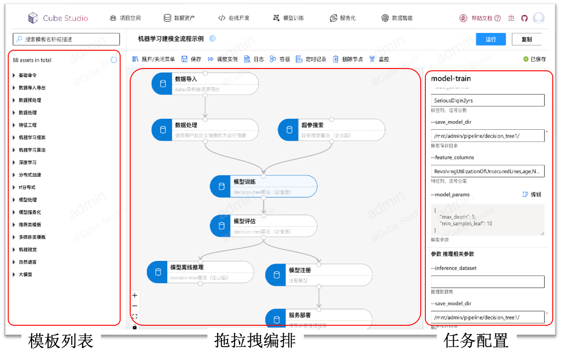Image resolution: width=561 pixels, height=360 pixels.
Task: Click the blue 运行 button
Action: coord(491,39)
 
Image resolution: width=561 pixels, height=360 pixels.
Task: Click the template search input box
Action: coord(67,39)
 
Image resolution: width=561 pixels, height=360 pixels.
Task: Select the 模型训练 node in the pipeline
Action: coord(264,186)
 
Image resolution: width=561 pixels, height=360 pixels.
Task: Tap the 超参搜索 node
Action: coord(331,129)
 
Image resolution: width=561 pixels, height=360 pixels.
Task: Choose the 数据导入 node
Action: coord(205,84)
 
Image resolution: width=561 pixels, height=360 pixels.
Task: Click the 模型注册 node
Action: coord(319,275)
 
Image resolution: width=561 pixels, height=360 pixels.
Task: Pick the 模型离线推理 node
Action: coord(200,272)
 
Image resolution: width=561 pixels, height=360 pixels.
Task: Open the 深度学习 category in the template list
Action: coord(27,162)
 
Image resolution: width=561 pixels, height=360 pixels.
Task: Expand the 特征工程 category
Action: coord(27,125)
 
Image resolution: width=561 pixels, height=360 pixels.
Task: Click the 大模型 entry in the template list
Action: coord(26,275)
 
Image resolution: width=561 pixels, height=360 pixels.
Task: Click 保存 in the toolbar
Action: coord(191,59)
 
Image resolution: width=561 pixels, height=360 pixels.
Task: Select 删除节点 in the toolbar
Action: coord(348,59)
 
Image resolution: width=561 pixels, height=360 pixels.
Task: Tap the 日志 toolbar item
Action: coord(254,59)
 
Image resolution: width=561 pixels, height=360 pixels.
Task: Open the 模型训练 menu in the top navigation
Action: coord(288,18)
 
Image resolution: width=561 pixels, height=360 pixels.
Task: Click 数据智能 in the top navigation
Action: coord(397,18)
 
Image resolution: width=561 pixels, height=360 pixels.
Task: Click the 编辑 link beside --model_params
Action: coord(532,194)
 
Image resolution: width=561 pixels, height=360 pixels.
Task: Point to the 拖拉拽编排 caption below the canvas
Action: coord(255,341)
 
